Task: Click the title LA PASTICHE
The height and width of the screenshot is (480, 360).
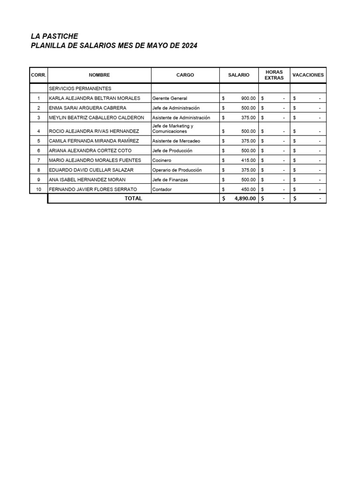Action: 54,36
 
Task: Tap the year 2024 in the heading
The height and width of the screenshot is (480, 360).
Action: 189,45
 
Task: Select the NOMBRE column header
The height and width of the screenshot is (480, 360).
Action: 99,75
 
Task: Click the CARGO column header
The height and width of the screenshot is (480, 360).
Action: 185,75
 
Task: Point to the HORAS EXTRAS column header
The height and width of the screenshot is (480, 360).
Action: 274,75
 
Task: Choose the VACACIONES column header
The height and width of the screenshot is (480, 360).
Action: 308,75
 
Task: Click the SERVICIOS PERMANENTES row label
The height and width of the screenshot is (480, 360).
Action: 80,88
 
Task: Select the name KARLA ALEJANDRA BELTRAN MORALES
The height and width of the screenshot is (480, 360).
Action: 95,98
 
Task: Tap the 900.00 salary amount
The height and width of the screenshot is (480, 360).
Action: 248,98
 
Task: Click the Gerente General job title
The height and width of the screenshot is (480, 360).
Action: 170,98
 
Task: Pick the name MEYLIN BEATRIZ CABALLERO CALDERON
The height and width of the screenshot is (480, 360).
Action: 97,118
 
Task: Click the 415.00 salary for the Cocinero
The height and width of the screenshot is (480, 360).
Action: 248,160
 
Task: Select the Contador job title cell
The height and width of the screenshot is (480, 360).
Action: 162,189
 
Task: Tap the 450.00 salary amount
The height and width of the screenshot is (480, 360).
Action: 248,189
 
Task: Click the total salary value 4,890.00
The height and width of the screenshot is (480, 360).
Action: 245,199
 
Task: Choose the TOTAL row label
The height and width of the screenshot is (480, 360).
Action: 133,199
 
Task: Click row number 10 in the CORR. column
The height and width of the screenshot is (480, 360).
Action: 38,189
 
